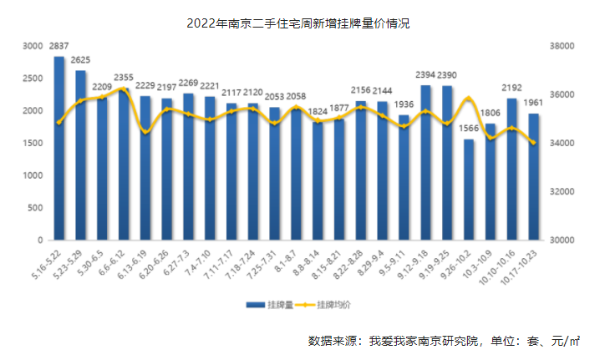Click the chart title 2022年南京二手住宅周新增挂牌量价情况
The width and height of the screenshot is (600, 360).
(x=298, y=23)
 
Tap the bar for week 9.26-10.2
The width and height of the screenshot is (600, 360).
(x=468, y=190)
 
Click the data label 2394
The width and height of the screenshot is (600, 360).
(x=425, y=77)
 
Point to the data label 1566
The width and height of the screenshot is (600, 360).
(x=468, y=130)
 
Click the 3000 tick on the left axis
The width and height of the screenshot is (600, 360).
(x=30, y=47)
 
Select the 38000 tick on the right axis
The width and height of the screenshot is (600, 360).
(x=565, y=47)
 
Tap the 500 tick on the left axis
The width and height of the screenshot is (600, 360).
(x=33, y=207)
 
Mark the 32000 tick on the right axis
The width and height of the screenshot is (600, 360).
(x=565, y=191)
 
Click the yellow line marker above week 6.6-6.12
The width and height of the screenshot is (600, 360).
(x=124, y=89)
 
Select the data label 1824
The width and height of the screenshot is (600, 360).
(x=318, y=111)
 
